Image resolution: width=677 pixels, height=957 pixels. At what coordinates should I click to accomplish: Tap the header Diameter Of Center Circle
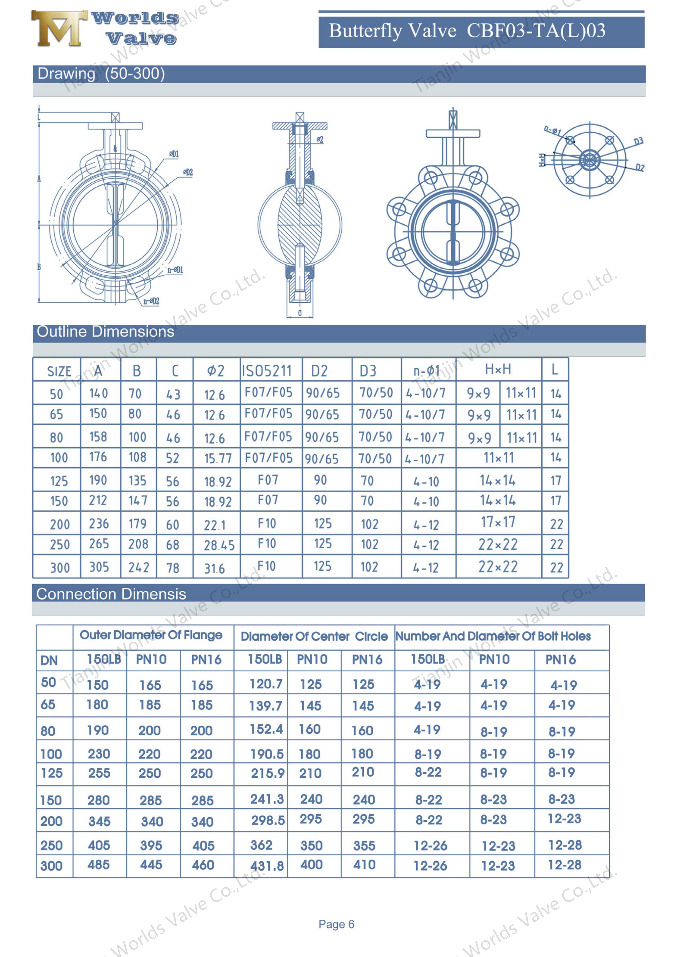314,636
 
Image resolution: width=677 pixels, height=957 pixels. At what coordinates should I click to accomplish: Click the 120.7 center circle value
266,684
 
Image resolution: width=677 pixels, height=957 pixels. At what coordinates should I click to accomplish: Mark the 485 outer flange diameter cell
99,865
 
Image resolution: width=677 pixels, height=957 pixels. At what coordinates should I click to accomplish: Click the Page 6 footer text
336,924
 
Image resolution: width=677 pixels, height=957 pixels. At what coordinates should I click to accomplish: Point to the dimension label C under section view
299,314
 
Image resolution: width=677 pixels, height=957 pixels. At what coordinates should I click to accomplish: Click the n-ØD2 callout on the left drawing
151,301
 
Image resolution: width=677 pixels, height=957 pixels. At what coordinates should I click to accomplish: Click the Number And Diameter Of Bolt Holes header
493,636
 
